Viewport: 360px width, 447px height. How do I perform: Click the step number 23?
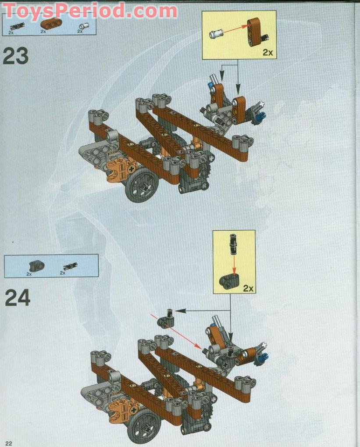pyautogui.click(x=16, y=57)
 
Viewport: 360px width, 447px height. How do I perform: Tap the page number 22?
pyautogui.click(x=9, y=443)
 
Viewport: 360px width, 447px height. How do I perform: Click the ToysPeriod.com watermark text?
pyautogui.click(x=90, y=10)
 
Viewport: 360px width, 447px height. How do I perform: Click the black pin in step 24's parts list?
pyautogui.click(x=69, y=265)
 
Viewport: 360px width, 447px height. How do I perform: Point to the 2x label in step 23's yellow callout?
pyautogui.click(x=267, y=53)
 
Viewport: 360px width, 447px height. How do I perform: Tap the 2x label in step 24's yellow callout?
pyautogui.click(x=249, y=288)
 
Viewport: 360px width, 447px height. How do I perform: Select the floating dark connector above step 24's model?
pyautogui.click(x=166, y=318)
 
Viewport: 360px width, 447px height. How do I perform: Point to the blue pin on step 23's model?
pyautogui.click(x=262, y=116)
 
